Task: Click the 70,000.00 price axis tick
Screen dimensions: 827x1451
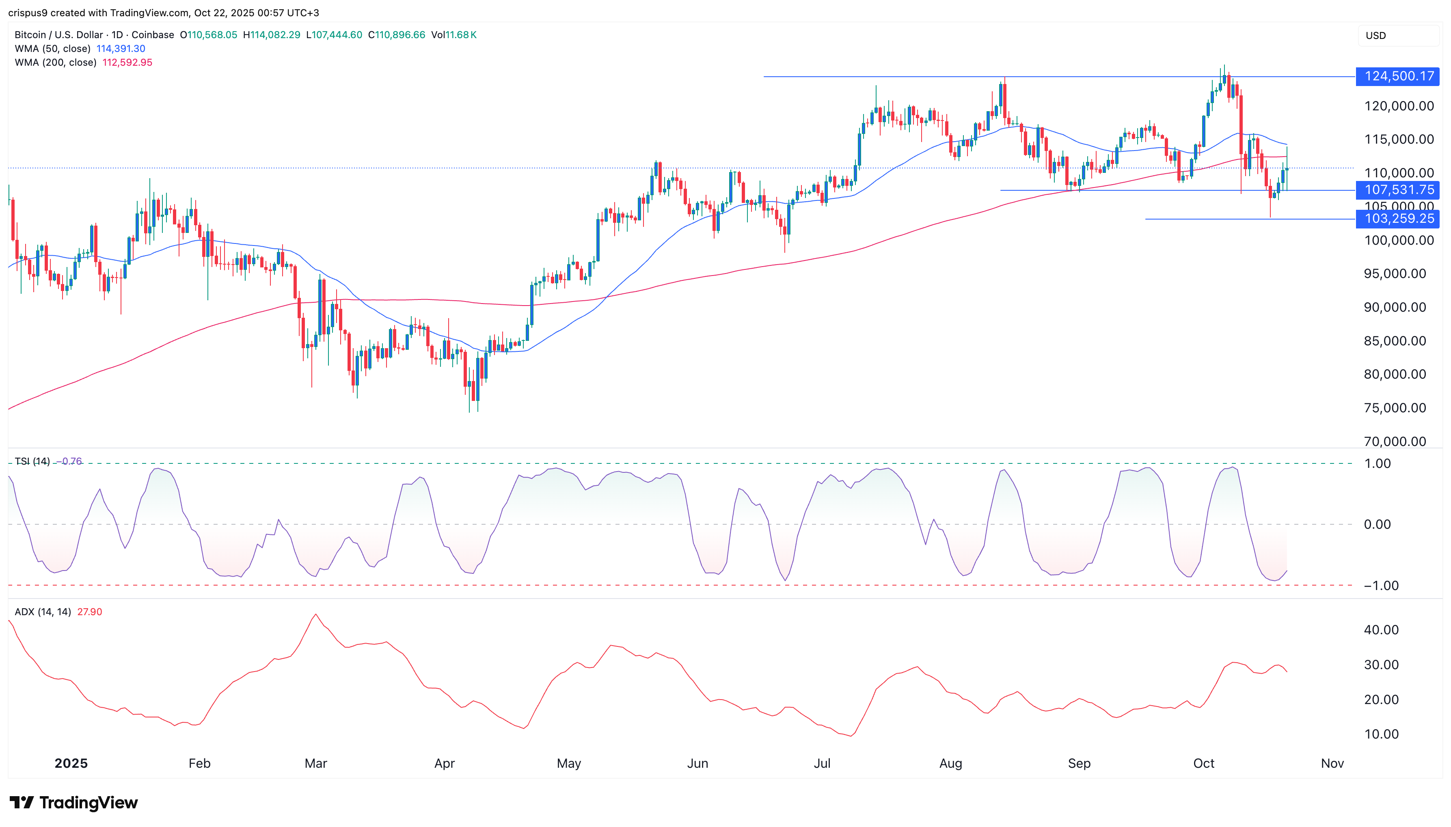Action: click(x=1395, y=441)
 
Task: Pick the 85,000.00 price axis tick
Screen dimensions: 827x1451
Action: click(x=1395, y=341)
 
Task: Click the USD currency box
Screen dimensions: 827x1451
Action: click(x=1375, y=35)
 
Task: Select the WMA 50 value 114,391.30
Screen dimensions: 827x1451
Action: click(x=121, y=49)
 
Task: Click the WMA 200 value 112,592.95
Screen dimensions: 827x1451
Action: click(x=127, y=62)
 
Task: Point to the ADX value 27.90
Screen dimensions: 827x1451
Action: click(x=90, y=612)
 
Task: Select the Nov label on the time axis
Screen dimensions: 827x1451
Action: click(x=1332, y=763)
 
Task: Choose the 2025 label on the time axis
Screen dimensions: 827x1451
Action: click(x=71, y=763)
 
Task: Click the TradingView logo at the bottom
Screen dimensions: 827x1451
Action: click(x=74, y=803)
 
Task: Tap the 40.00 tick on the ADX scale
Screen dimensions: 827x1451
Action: click(x=1381, y=629)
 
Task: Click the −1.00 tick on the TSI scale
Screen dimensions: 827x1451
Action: click(x=1381, y=586)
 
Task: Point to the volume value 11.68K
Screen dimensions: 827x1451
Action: click(x=461, y=34)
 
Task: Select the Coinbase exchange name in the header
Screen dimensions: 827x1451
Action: click(x=152, y=34)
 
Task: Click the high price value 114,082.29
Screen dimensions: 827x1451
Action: click(x=275, y=34)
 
